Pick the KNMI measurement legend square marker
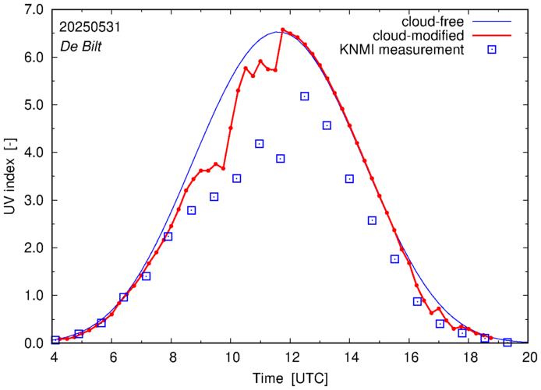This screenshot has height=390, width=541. pyautogui.click(x=492, y=51)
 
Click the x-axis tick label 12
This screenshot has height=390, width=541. pyautogui.click(x=292, y=358)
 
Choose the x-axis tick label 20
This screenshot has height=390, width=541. pyautogui.click(x=529, y=358)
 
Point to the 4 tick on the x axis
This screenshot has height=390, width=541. pyautogui.click(x=54, y=358)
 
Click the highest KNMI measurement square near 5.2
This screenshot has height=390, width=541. pyautogui.click(x=304, y=96)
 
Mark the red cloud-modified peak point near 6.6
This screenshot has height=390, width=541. pyautogui.click(x=282, y=30)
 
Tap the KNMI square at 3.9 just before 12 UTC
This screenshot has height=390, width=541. pyautogui.click(x=281, y=158)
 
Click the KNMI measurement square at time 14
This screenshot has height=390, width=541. pyautogui.click(x=349, y=178)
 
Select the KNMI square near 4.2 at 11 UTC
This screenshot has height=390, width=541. pyautogui.click(x=260, y=143)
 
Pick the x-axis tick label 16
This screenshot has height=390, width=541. pyautogui.click(x=410, y=358)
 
